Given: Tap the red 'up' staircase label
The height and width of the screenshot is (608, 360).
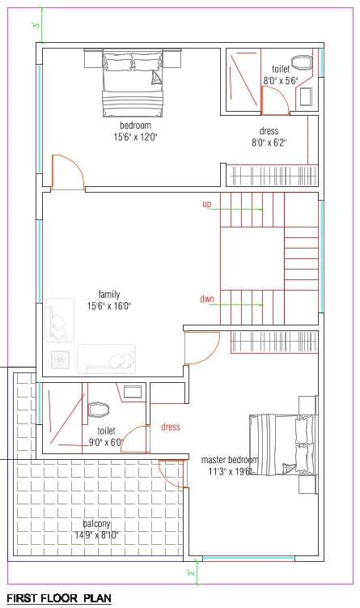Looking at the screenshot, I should point(206,205).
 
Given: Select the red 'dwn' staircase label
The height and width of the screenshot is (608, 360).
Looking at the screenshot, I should point(206,299).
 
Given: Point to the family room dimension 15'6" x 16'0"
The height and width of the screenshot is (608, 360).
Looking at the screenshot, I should point(109,306).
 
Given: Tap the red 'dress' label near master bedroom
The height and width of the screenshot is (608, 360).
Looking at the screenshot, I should point(170,427).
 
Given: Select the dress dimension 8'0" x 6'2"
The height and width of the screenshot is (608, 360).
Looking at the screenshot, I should point(269,142).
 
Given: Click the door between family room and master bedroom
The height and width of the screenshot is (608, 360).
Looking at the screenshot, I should point(199,348).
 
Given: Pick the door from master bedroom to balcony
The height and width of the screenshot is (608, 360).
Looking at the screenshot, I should point(172,472).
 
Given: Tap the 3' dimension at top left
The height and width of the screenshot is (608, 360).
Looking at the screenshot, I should point(36,25).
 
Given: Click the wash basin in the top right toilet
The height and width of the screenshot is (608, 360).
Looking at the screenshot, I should point(307,96).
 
